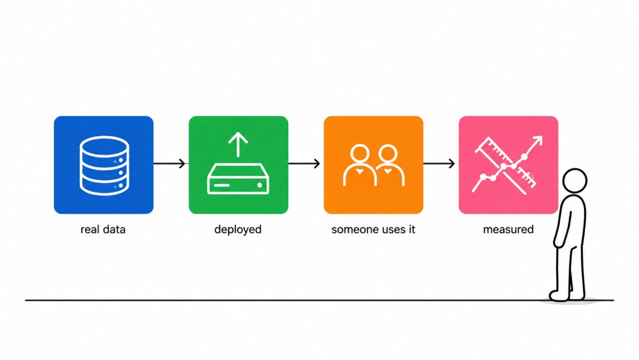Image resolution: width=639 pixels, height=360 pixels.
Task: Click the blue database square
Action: click(x=104, y=165)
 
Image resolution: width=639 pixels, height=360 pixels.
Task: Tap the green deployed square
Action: click(x=238, y=165)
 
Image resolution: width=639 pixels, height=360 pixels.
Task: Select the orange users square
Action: click(x=373, y=165)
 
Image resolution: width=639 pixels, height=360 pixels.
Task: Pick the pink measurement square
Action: click(x=508, y=165)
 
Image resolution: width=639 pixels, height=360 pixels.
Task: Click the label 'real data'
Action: click(x=103, y=230)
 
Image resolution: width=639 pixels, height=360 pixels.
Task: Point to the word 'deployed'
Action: click(x=238, y=230)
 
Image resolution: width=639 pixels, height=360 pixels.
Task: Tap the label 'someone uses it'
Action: click(x=373, y=230)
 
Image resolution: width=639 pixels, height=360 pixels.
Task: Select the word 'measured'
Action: click(x=508, y=230)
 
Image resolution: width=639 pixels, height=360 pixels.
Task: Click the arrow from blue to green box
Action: click(x=170, y=163)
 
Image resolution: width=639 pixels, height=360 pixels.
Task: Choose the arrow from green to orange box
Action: click(x=305, y=163)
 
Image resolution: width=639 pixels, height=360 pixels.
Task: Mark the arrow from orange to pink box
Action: click(x=439, y=163)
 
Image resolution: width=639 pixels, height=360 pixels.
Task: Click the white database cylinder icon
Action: click(x=104, y=165)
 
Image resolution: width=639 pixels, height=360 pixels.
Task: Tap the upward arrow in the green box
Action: click(x=238, y=144)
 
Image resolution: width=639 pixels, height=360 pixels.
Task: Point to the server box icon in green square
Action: click(x=238, y=179)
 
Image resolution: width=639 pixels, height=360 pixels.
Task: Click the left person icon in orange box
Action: click(x=359, y=165)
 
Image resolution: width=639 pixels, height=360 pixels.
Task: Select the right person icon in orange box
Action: click(x=388, y=165)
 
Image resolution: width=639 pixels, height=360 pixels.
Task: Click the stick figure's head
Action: click(x=575, y=181)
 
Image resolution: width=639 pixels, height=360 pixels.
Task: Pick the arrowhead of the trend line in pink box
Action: click(x=538, y=141)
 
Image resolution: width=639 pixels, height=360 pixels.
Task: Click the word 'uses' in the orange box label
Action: click(x=385, y=230)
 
